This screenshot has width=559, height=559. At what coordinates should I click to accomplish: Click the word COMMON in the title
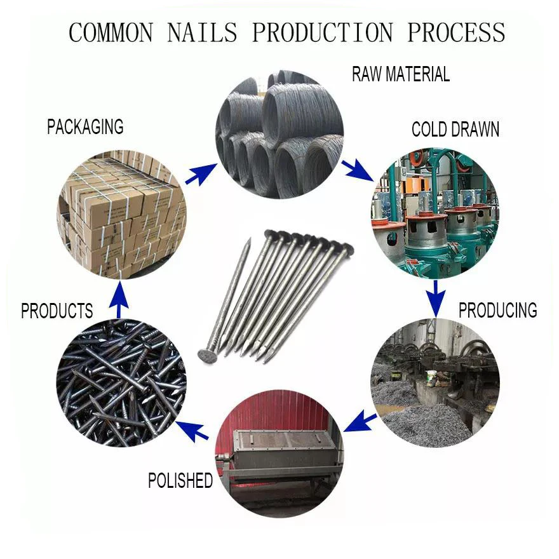tap(112, 32)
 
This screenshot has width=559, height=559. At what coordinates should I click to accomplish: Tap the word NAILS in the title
tap(203, 32)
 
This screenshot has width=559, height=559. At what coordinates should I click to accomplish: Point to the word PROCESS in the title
tap(456, 32)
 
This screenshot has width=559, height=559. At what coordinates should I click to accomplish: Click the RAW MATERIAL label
tap(401, 74)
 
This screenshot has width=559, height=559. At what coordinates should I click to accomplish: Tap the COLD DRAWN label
tap(455, 130)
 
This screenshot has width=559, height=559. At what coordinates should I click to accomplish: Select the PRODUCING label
tap(497, 310)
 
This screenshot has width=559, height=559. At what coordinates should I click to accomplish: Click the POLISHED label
tap(180, 481)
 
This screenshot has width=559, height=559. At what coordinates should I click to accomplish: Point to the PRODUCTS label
tap(57, 311)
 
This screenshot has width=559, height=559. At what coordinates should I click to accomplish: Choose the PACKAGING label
tap(85, 126)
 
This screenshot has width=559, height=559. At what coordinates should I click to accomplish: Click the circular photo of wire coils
tap(279, 133)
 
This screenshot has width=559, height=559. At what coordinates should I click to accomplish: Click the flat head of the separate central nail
tap(210, 354)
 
